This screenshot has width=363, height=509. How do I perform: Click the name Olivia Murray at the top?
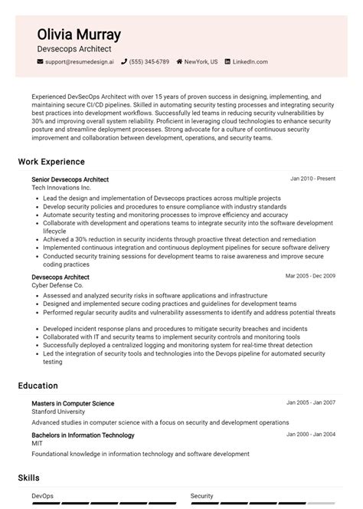(79, 34)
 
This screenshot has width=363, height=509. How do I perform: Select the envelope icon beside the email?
(40, 61)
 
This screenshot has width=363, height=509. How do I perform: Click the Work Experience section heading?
(51, 162)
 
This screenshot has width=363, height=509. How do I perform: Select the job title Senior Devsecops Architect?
(70, 179)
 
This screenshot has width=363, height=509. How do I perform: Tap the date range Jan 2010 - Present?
(312, 179)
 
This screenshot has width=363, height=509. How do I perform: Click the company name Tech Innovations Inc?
(61, 188)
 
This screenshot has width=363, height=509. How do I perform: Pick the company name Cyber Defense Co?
(57, 285)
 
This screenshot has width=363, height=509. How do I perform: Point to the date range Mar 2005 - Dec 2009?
(310, 276)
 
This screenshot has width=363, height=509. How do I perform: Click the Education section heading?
(38, 386)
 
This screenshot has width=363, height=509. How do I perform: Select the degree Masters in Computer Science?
(73, 403)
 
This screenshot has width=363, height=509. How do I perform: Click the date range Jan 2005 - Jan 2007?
(311, 402)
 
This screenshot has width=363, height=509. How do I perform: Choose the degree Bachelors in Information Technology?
(83, 435)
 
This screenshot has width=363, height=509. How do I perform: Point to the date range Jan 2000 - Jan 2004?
(311, 435)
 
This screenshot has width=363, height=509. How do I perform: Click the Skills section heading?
(29, 478)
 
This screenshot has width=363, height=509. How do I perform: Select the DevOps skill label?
(43, 496)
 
